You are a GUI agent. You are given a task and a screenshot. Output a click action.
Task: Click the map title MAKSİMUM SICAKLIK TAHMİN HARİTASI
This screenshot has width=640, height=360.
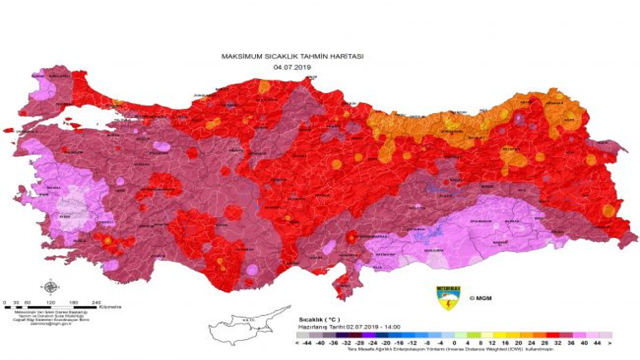coord(292,57)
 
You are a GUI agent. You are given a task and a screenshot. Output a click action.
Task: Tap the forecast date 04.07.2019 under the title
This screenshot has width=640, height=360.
coord(292,67)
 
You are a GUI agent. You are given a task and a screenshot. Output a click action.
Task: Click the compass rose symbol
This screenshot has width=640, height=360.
coord(50,287)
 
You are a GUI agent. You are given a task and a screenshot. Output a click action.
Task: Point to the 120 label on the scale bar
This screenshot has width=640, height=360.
coord(50,302)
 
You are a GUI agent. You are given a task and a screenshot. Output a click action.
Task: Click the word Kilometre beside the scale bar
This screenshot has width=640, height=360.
coord(110,306)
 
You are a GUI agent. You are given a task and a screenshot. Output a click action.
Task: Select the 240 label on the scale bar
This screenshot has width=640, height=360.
coord(96,302)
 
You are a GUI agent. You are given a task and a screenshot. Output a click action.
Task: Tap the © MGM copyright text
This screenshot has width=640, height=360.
coord(480,298)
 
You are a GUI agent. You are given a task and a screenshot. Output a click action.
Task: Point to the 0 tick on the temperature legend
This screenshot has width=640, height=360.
coord(454,343)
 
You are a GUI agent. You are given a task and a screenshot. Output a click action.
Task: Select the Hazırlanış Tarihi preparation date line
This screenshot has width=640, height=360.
coord(350,326)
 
